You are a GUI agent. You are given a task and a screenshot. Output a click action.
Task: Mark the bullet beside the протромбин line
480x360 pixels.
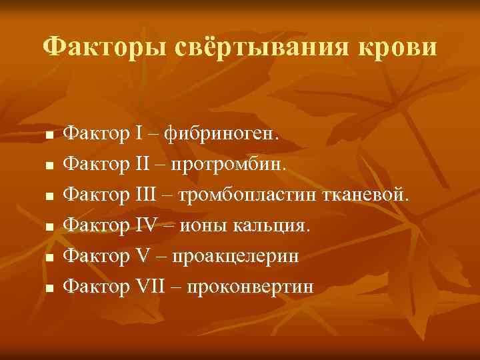49,166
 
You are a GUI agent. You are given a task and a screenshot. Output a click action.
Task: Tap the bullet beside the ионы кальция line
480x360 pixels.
49,227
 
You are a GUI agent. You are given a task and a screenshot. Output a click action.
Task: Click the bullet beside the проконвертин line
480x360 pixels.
49,289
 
